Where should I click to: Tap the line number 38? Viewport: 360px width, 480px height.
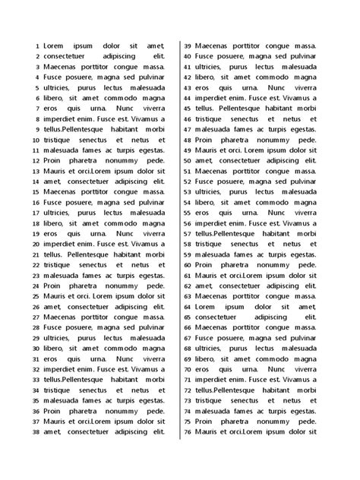point(34,432)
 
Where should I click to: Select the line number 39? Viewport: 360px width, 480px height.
point(188,46)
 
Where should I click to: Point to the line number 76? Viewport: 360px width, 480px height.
point(188,432)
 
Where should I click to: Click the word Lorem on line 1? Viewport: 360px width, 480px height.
point(55,46)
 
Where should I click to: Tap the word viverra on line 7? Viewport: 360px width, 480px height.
point(152,109)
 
